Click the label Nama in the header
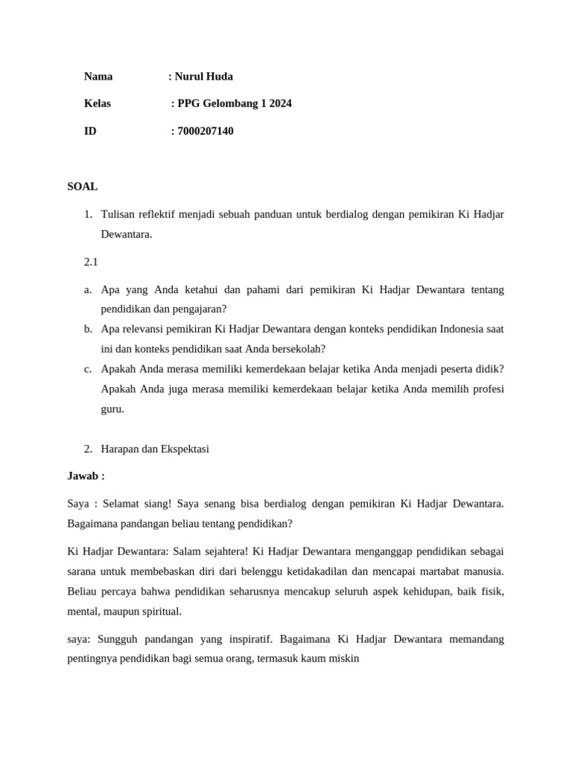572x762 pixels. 98,76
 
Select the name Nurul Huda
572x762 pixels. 203,76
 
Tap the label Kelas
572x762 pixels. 98,103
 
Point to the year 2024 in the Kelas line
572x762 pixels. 281,103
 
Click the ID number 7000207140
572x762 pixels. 206,131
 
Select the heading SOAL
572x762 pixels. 82,187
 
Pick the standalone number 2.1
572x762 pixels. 91,262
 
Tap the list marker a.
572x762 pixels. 88,289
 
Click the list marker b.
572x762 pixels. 88,329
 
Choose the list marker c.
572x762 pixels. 88,368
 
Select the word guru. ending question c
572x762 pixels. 112,409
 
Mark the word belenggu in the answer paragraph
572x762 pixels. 240,571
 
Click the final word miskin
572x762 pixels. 344,659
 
